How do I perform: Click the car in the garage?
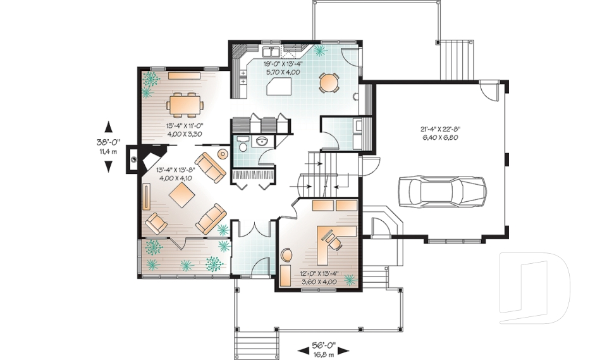click(x=442, y=192)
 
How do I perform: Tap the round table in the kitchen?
click(x=329, y=82)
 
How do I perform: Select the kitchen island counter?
click(x=279, y=85)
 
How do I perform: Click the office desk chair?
click(x=333, y=240)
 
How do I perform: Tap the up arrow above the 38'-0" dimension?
click(x=108, y=127)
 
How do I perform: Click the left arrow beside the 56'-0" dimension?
click(x=303, y=351)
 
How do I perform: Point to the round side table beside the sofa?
click(x=223, y=154)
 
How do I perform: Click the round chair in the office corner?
click(x=286, y=256)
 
